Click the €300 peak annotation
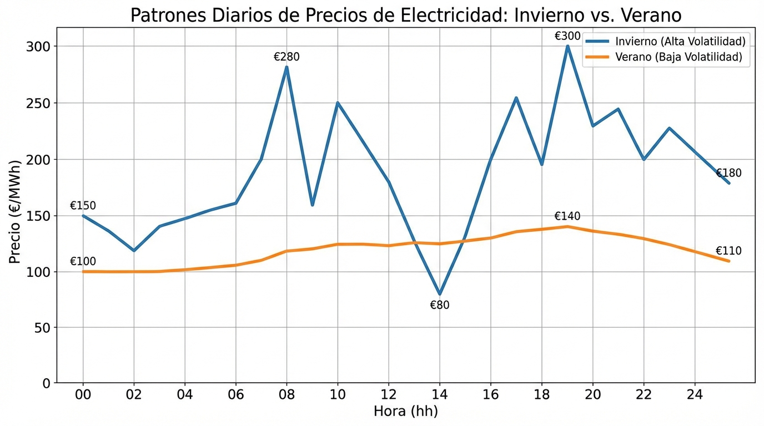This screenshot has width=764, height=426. click(567, 37)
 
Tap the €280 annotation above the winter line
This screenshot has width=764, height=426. click(286, 57)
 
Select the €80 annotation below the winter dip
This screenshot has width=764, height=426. click(440, 305)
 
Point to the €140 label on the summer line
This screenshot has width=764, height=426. click(567, 216)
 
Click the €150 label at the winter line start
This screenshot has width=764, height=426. click(83, 206)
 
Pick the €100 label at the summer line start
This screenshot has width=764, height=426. click(83, 262)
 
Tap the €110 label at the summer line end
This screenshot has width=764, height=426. click(728, 252)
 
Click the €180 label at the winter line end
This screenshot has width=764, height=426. click(728, 174)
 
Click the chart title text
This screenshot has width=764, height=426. click(406, 15)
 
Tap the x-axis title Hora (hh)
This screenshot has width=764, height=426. click(406, 412)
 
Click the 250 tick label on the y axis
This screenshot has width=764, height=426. click(39, 103)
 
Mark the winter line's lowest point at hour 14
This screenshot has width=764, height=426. click(440, 294)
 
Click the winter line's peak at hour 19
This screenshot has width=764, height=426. click(567, 46)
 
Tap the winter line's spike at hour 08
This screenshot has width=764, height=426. click(286, 67)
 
